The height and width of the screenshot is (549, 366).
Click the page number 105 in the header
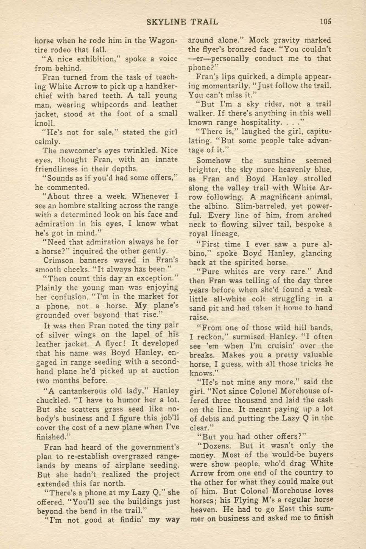click(326, 21)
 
